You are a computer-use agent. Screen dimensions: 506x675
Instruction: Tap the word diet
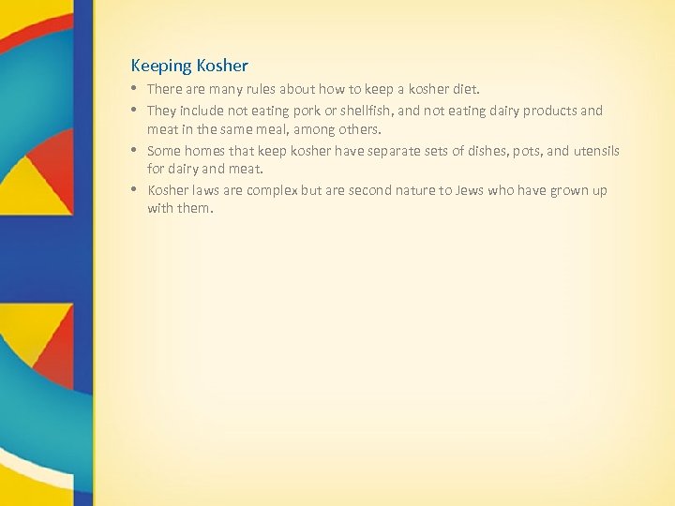pyautogui.click(x=464, y=90)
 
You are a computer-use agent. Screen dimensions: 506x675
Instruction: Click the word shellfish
pyautogui.click(x=355, y=111)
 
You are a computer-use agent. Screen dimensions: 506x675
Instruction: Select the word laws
pyautogui.click(x=208, y=190)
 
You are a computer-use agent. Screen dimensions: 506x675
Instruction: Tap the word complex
pyautogui.click(x=272, y=190)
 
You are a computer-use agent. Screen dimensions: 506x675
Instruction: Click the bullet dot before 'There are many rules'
pyautogui.click(x=136, y=90)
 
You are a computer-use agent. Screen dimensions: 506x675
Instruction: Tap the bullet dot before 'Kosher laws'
pyautogui.click(x=136, y=190)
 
